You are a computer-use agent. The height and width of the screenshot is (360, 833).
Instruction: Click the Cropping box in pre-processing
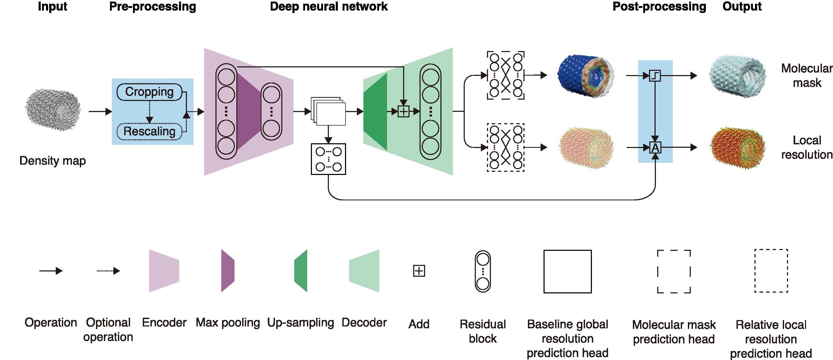pyautogui.click(x=149, y=92)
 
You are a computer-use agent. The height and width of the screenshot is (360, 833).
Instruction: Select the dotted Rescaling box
pyautogui.click(x=149, y=131)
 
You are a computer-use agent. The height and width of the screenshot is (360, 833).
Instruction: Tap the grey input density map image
pyautogui.click(x=53, y=111)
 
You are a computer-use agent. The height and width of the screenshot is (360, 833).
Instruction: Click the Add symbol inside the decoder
pyautogui.click(x=403, y=112)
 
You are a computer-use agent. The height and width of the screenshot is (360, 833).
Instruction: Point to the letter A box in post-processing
pyautogui.click(x=655, y=148)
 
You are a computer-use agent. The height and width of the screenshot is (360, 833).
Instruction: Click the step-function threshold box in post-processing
pyautogui.click(x=655, y=76)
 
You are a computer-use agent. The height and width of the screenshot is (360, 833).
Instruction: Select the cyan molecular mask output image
pyautogui.click(x=737, y=76)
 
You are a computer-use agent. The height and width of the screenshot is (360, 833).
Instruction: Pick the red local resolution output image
pyautogui.click(x=738, y=148)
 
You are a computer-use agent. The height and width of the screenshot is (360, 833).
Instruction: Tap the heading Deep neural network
pyautogui.click(x=329, y=6)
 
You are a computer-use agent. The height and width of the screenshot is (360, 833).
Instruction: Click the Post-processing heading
pyautogui.click(x=659, y=6)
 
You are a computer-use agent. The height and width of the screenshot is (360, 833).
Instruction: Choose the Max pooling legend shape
pyautogui.click(x=228, y=271)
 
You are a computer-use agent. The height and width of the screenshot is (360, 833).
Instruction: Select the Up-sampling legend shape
pyautogui.click(x=301, y=271)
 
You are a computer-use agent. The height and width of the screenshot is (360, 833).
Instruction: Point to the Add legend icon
pyautogui.click(x=419, y=271)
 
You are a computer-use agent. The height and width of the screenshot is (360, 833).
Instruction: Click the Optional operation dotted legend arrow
pyautogui.click(x=108, y=271)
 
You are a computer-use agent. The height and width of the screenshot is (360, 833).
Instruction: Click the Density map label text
pyautogui.click(x=53, y=160)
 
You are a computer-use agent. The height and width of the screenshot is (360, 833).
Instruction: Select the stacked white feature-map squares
pyautogui.click(x=329, y=111)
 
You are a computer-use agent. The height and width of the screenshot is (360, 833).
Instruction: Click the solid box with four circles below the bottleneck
pyautogui.click(x=328, y=159)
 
